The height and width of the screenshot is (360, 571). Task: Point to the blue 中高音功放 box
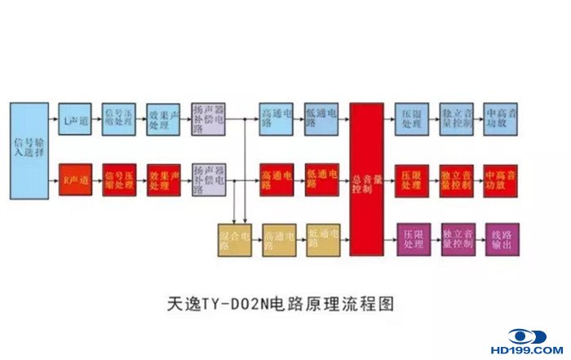tap(501, 119)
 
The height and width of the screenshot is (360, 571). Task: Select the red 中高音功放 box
tap(501, 179)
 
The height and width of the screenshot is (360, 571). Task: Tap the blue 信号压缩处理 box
tap(119, 119)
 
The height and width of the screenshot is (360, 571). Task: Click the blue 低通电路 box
tap(322, 119)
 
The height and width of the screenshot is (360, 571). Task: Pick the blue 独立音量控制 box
tap(457, 119)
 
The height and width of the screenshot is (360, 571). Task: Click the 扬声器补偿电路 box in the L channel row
tap(207, 119)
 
